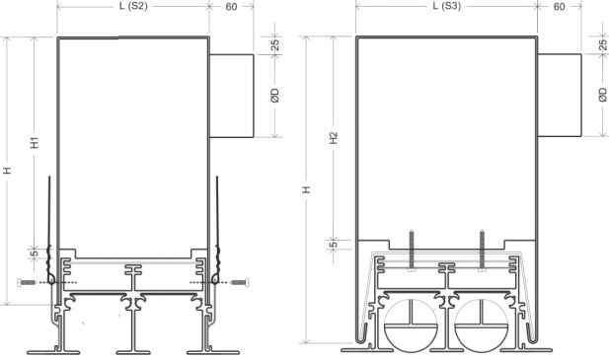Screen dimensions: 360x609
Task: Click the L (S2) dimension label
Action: pyautogui.click(x=133, y=7)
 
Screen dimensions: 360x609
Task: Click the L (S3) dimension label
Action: pyautogui.click(x=446, y=7)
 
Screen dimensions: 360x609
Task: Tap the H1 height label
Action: pyautogui.click(x=36, y=142)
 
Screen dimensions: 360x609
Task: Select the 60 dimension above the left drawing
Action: pyautogui.click(x=232, y=7)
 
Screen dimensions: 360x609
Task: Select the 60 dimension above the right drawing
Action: pyautogui.click(x=561, y=7)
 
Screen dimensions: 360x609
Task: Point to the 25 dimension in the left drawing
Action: pyautogui.click(x=275, y=44)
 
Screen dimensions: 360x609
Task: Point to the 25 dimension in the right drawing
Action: pyautogui.click(x=603, y=44)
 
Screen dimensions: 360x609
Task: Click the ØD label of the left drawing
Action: pyautogui.click(x=275, y=96)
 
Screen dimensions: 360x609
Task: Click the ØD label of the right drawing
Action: pyautogui.click(x=603, y=96)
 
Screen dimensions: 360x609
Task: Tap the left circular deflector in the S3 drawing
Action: pyautogui.click(x=411, y=326)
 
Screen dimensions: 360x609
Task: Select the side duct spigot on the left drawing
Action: pyautogui.click(x=232, y=96)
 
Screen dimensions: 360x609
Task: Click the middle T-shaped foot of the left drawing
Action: pyautogui.click(x=132, y=325)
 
